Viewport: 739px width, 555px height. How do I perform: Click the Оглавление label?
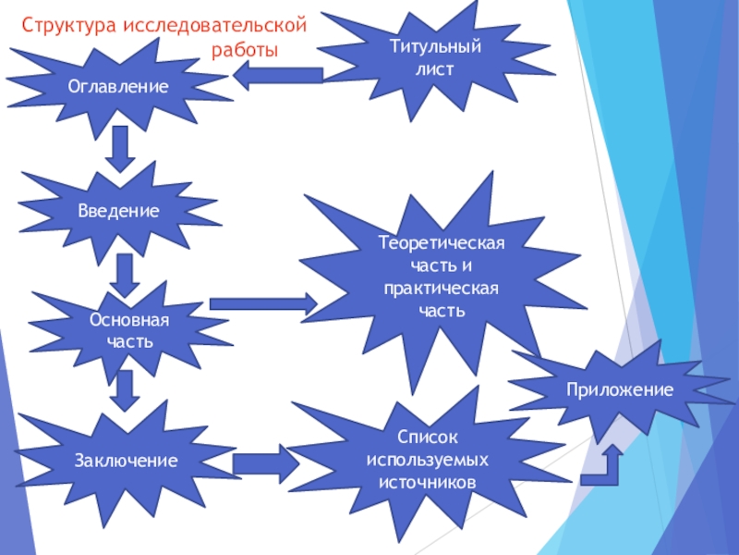tap(119, 87)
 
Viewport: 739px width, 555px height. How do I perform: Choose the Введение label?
tap(118, 212)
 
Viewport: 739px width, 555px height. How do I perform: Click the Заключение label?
tap(127, 460)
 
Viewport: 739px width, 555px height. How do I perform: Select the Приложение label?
tap(621, 391)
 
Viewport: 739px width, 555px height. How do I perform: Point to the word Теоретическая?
tap(442, 243)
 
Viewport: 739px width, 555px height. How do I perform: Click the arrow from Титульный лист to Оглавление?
tap(277, 76)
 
